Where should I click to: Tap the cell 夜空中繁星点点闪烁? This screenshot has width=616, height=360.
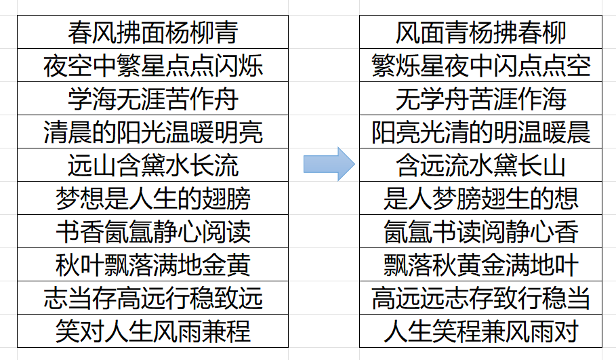[153, 66]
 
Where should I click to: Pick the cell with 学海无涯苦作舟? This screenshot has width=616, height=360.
[153, 99]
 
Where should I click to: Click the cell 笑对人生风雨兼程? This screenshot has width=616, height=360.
[153, 332]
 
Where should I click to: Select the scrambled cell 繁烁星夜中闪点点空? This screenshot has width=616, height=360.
[480, 66]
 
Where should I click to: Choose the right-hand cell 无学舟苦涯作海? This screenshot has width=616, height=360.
[480, 99]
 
